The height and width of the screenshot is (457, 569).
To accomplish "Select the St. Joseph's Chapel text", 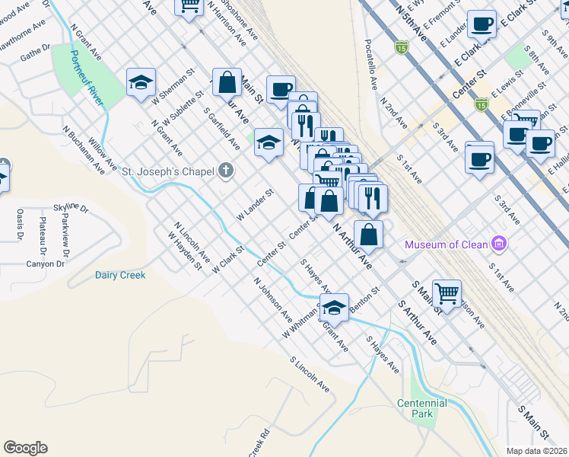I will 167,172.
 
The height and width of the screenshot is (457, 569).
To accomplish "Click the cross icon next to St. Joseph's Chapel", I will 225,171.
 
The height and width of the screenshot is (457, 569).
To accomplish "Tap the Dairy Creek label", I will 120,275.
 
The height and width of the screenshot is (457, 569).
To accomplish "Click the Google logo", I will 25,448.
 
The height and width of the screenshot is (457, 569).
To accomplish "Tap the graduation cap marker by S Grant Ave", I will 334,308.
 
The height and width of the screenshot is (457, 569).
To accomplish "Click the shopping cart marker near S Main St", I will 448,291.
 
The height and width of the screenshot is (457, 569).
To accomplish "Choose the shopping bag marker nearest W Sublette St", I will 227,81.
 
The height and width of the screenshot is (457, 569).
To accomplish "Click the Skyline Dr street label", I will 71,208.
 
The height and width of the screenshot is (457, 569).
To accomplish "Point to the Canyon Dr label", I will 45,264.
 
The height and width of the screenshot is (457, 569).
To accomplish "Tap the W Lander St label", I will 254,206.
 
